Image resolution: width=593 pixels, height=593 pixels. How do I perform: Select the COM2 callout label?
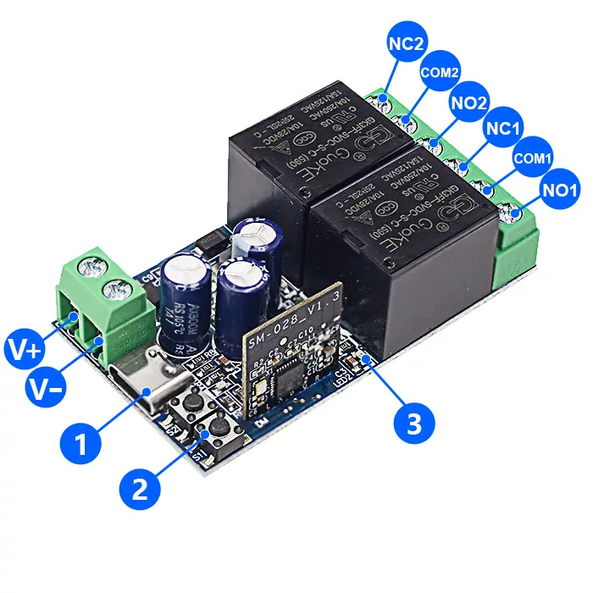tap(439, 74)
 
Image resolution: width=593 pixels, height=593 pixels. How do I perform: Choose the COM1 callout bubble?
tap(531, 158)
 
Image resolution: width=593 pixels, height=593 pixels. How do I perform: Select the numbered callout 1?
tap(83, 442)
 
